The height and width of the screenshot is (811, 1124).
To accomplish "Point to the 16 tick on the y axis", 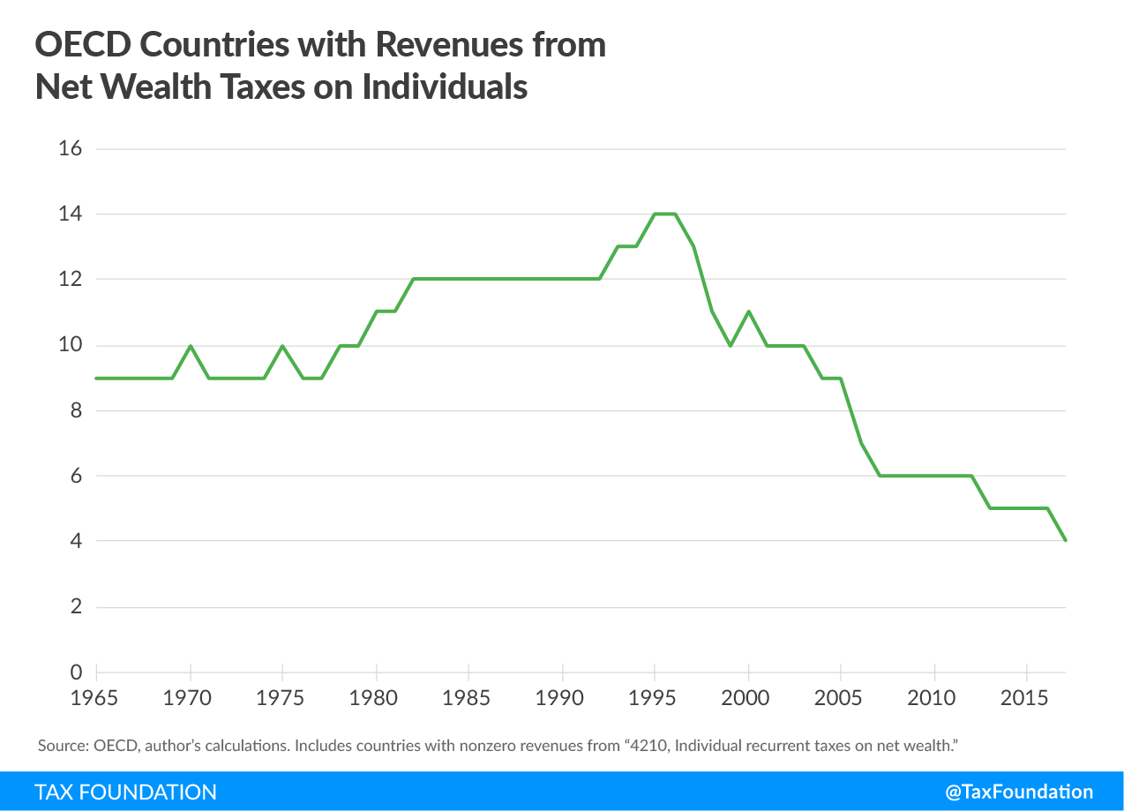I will point(70,148).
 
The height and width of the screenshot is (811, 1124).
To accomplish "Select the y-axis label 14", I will point(70,214).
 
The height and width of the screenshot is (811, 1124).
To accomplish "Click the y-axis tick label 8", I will point(76,410).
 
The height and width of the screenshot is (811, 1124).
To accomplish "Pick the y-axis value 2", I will point(76,607).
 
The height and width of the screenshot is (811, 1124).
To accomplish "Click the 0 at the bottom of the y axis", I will point(76,672).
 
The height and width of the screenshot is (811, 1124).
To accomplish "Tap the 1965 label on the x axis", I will point(96,698).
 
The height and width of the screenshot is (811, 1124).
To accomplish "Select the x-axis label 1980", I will point(376,698).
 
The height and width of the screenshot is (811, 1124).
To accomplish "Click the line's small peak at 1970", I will point(190,346).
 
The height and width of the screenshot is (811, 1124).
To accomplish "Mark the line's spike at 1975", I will point(282,346).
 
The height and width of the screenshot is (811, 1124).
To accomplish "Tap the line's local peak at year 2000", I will point(748,312).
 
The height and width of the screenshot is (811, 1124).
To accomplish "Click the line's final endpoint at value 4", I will point(1065,540).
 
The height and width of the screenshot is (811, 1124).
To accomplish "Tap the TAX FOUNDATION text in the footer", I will point(125,792).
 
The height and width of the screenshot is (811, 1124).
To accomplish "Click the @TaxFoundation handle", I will point(1018,792).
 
